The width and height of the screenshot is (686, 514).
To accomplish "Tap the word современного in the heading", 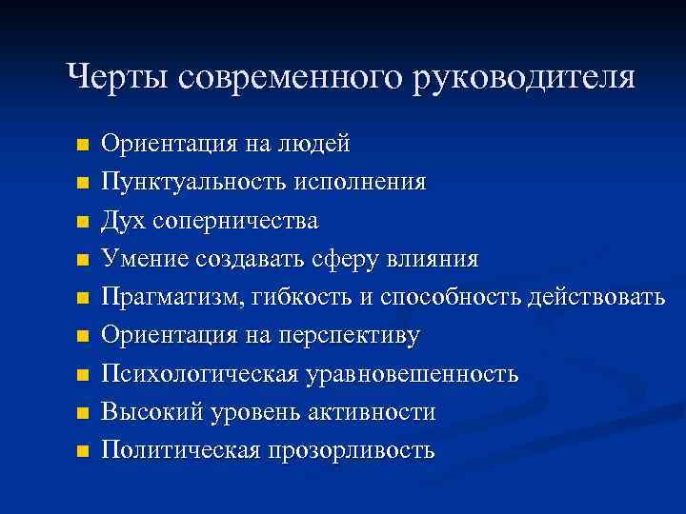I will [289, 77].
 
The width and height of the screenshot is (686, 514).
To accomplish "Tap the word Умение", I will [146, 258].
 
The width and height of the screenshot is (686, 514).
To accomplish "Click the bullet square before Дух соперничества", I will [82, 221].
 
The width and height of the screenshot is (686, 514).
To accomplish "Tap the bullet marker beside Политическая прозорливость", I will [82, 451].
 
